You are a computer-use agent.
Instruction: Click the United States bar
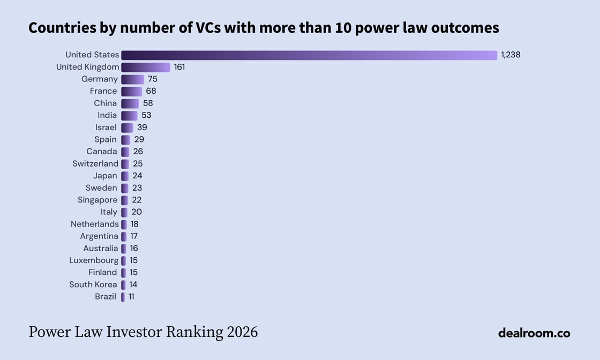309,55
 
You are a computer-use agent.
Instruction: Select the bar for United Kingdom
146,67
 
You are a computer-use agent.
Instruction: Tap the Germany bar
133,79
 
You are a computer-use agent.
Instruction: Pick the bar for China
130,104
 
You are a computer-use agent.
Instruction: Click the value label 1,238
511,55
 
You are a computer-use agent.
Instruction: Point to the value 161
179,67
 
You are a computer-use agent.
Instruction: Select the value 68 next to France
151,91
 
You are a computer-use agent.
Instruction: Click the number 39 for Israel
142,127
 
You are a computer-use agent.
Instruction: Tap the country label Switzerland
95,164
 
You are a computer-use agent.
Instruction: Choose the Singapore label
97,200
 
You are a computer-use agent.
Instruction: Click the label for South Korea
93,284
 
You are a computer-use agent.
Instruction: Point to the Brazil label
106,296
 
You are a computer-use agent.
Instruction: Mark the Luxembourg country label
94,260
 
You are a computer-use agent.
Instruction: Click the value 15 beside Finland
133,272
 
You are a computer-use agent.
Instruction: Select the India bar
129,116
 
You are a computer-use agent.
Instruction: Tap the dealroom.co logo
534,333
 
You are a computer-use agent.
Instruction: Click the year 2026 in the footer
242,332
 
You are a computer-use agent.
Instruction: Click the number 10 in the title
343,28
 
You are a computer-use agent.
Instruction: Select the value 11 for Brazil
131,296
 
